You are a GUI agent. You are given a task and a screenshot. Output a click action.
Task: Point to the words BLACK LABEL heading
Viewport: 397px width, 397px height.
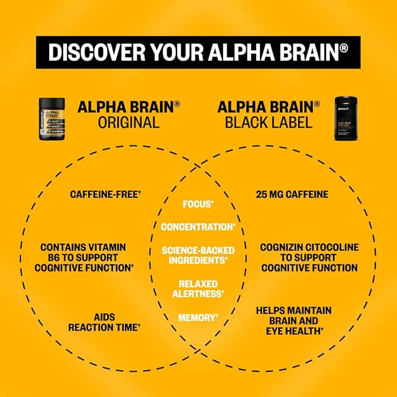[268, 122]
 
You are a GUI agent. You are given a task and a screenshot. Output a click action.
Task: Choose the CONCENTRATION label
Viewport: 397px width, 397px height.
[198, 226]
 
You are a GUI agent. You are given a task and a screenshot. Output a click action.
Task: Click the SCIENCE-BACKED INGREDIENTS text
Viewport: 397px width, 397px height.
[198, 255]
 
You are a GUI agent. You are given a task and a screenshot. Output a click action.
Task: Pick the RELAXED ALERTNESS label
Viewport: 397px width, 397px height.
[198, 288]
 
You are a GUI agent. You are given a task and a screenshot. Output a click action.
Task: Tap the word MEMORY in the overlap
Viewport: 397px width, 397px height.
[198, 317]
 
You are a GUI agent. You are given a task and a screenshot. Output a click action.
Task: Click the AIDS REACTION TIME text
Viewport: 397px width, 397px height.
[105, 322]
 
